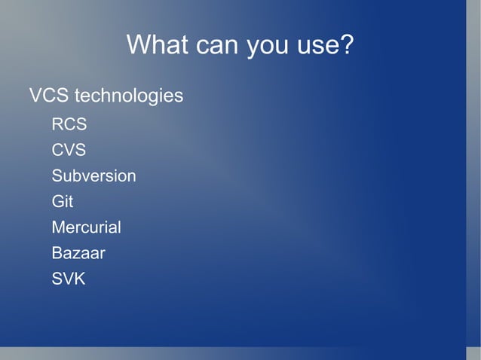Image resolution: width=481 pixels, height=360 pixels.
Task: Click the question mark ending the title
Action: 347,45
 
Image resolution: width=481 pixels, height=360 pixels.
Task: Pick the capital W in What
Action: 138,45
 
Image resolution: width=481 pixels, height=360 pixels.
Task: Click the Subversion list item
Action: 93,176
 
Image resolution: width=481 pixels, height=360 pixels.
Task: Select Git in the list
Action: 62,202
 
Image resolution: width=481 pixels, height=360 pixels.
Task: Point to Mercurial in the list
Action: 86,227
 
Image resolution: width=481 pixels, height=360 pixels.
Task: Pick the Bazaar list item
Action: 78,253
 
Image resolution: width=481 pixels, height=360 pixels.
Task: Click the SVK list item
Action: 69,279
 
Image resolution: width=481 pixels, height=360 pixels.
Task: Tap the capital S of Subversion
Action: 57,176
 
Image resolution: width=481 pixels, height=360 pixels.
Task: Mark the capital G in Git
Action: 57,202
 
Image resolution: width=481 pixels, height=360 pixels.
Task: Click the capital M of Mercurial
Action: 58,227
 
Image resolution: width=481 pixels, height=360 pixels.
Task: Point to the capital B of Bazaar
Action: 57,253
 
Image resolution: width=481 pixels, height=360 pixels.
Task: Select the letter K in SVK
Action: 79,279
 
